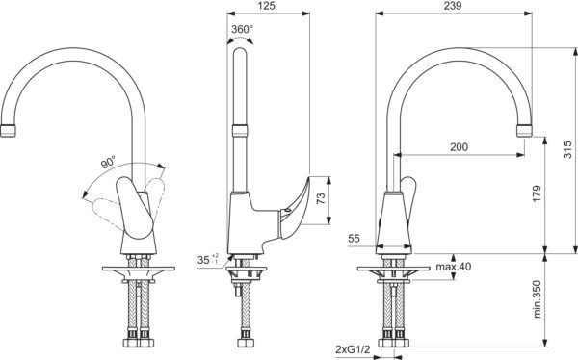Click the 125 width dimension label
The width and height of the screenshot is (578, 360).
click(267, 6)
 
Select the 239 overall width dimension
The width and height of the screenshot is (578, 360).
click(453, 6)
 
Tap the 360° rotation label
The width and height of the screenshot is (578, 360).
click(242, 29)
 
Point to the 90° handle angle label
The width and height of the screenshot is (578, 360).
click(108, 162)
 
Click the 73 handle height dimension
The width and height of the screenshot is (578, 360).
click(322, 198)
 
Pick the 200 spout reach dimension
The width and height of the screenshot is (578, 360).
click(459, 147)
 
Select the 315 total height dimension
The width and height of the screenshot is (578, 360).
click(568, 149)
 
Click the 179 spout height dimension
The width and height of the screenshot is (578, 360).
click(537, 193)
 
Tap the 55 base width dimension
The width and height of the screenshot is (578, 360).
click(354, 239)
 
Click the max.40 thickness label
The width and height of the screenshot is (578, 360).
click(454, 267)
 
